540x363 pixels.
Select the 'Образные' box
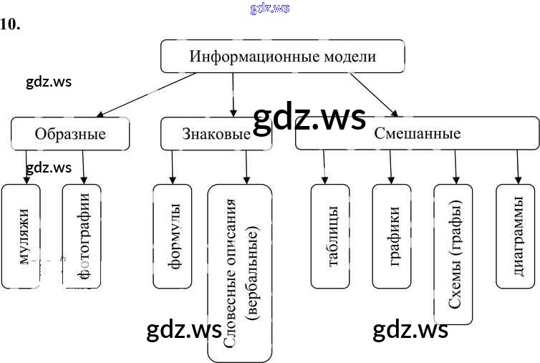[70, 134]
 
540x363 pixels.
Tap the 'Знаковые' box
[216, 134]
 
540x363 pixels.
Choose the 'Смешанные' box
[417, 134]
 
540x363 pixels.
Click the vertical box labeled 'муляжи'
[21, 236]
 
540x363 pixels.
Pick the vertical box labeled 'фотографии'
[82, 236]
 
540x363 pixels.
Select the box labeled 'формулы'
[173, 236]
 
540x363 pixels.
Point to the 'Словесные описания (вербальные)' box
[240, 272]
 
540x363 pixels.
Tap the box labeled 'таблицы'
[330, 236]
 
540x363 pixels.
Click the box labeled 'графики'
[392, 236]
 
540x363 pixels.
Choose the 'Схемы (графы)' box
[453, 254]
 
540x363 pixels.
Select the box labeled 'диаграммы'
[516, 236]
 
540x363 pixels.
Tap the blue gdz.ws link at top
[270, 8]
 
